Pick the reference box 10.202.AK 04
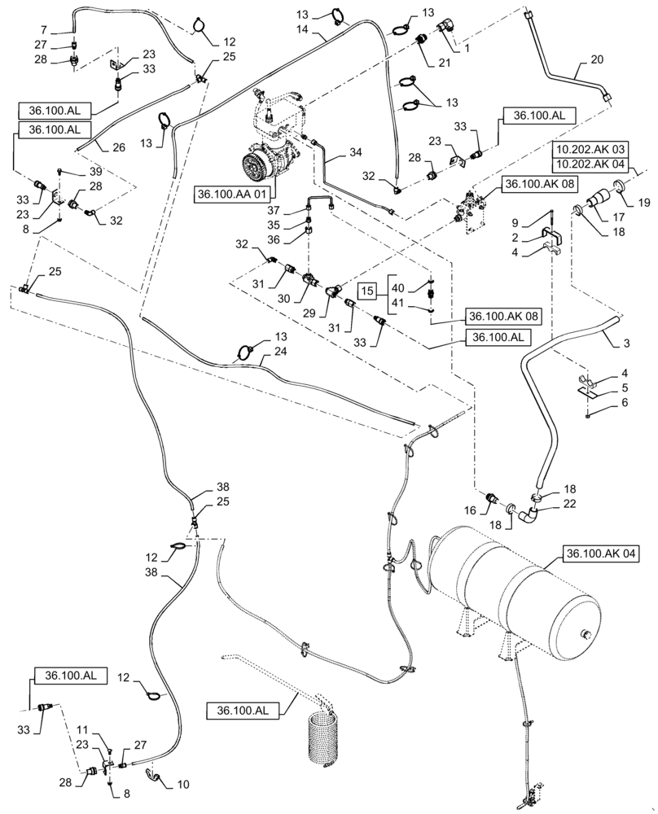click(590, 164)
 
